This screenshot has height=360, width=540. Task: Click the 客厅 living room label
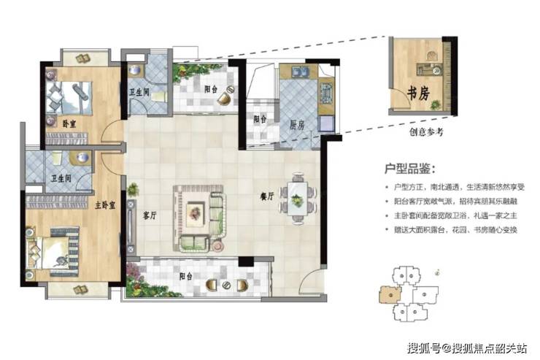[x=150, y=216]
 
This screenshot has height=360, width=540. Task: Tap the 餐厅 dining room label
[x=267, y=196]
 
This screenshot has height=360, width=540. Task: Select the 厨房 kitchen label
[x=297, y=125]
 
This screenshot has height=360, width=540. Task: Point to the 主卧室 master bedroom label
[x=105, y=206]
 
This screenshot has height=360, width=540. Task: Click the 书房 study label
[x=419, y=93]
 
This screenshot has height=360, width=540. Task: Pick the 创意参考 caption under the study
[x=426, y=131]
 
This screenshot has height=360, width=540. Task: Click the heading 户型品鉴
[x=409, y=169]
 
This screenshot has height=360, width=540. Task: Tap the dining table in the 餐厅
[x=298, y=199]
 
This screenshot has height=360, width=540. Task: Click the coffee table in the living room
[x=196, y=214]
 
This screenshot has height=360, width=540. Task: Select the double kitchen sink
[x=301, y=72]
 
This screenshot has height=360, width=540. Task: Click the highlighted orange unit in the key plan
[x=390, y=295]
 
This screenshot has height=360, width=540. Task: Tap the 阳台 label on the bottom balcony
[x=186, y=276]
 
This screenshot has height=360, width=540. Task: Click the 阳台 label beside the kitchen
[x=260, y=119]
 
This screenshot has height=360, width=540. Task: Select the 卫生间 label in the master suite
[x=61, y=178]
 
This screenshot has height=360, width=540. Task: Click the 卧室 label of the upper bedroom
[x=69, y=124]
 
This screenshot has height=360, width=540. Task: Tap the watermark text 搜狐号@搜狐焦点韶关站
[x=467, y=348]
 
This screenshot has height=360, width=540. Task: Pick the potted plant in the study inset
[x=436, y=104]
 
